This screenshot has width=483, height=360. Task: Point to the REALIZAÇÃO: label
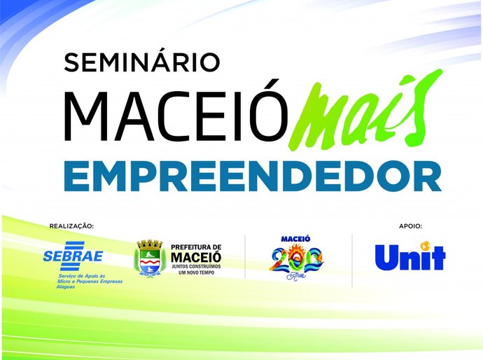pos(71,226)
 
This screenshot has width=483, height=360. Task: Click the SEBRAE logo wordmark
pos(73,257)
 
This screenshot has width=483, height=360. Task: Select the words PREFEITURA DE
pos(196,247)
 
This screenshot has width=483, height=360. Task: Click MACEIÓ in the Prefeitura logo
pos(196,257)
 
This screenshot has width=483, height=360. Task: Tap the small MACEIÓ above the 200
pos(295,239)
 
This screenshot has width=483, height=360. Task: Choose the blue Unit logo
pos(409,257)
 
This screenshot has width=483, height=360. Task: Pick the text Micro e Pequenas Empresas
pos(90,282)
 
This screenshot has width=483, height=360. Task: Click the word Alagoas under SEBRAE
pos(68,287)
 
